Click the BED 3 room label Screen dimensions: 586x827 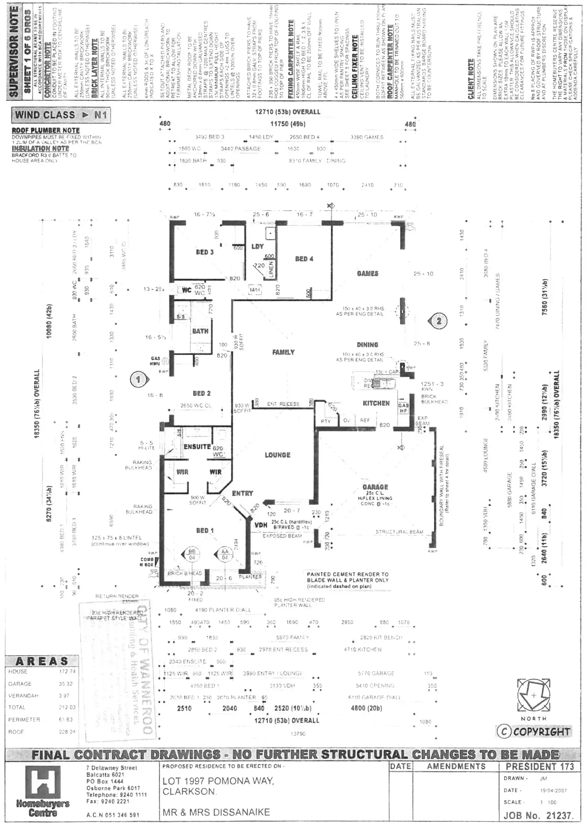point(205,252)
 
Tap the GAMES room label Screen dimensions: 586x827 point(367,274)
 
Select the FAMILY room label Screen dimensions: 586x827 point(283,352)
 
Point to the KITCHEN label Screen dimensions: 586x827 point(376,403)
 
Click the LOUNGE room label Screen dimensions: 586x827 point(277,455)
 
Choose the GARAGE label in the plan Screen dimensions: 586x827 point(375,487)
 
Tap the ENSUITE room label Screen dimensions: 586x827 point(197,447)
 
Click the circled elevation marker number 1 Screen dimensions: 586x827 point(138,380)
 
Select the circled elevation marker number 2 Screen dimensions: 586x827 point(439,321)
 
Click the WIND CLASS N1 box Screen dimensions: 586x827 point(61,115)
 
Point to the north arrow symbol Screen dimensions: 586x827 point(533,696)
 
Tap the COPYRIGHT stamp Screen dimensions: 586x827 point(533,732)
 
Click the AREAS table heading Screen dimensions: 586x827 point(42,661)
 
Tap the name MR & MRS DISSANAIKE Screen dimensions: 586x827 point(216,812)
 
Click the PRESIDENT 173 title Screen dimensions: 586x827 point(539,766)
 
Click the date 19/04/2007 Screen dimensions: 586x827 point(554,790)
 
